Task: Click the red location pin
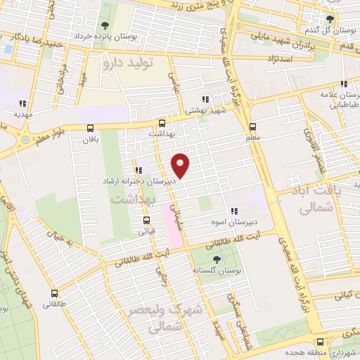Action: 181,165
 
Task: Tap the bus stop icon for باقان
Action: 90,128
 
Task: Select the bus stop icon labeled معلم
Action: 252,127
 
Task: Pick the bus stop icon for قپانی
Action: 146,219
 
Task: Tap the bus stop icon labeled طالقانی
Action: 54,293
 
